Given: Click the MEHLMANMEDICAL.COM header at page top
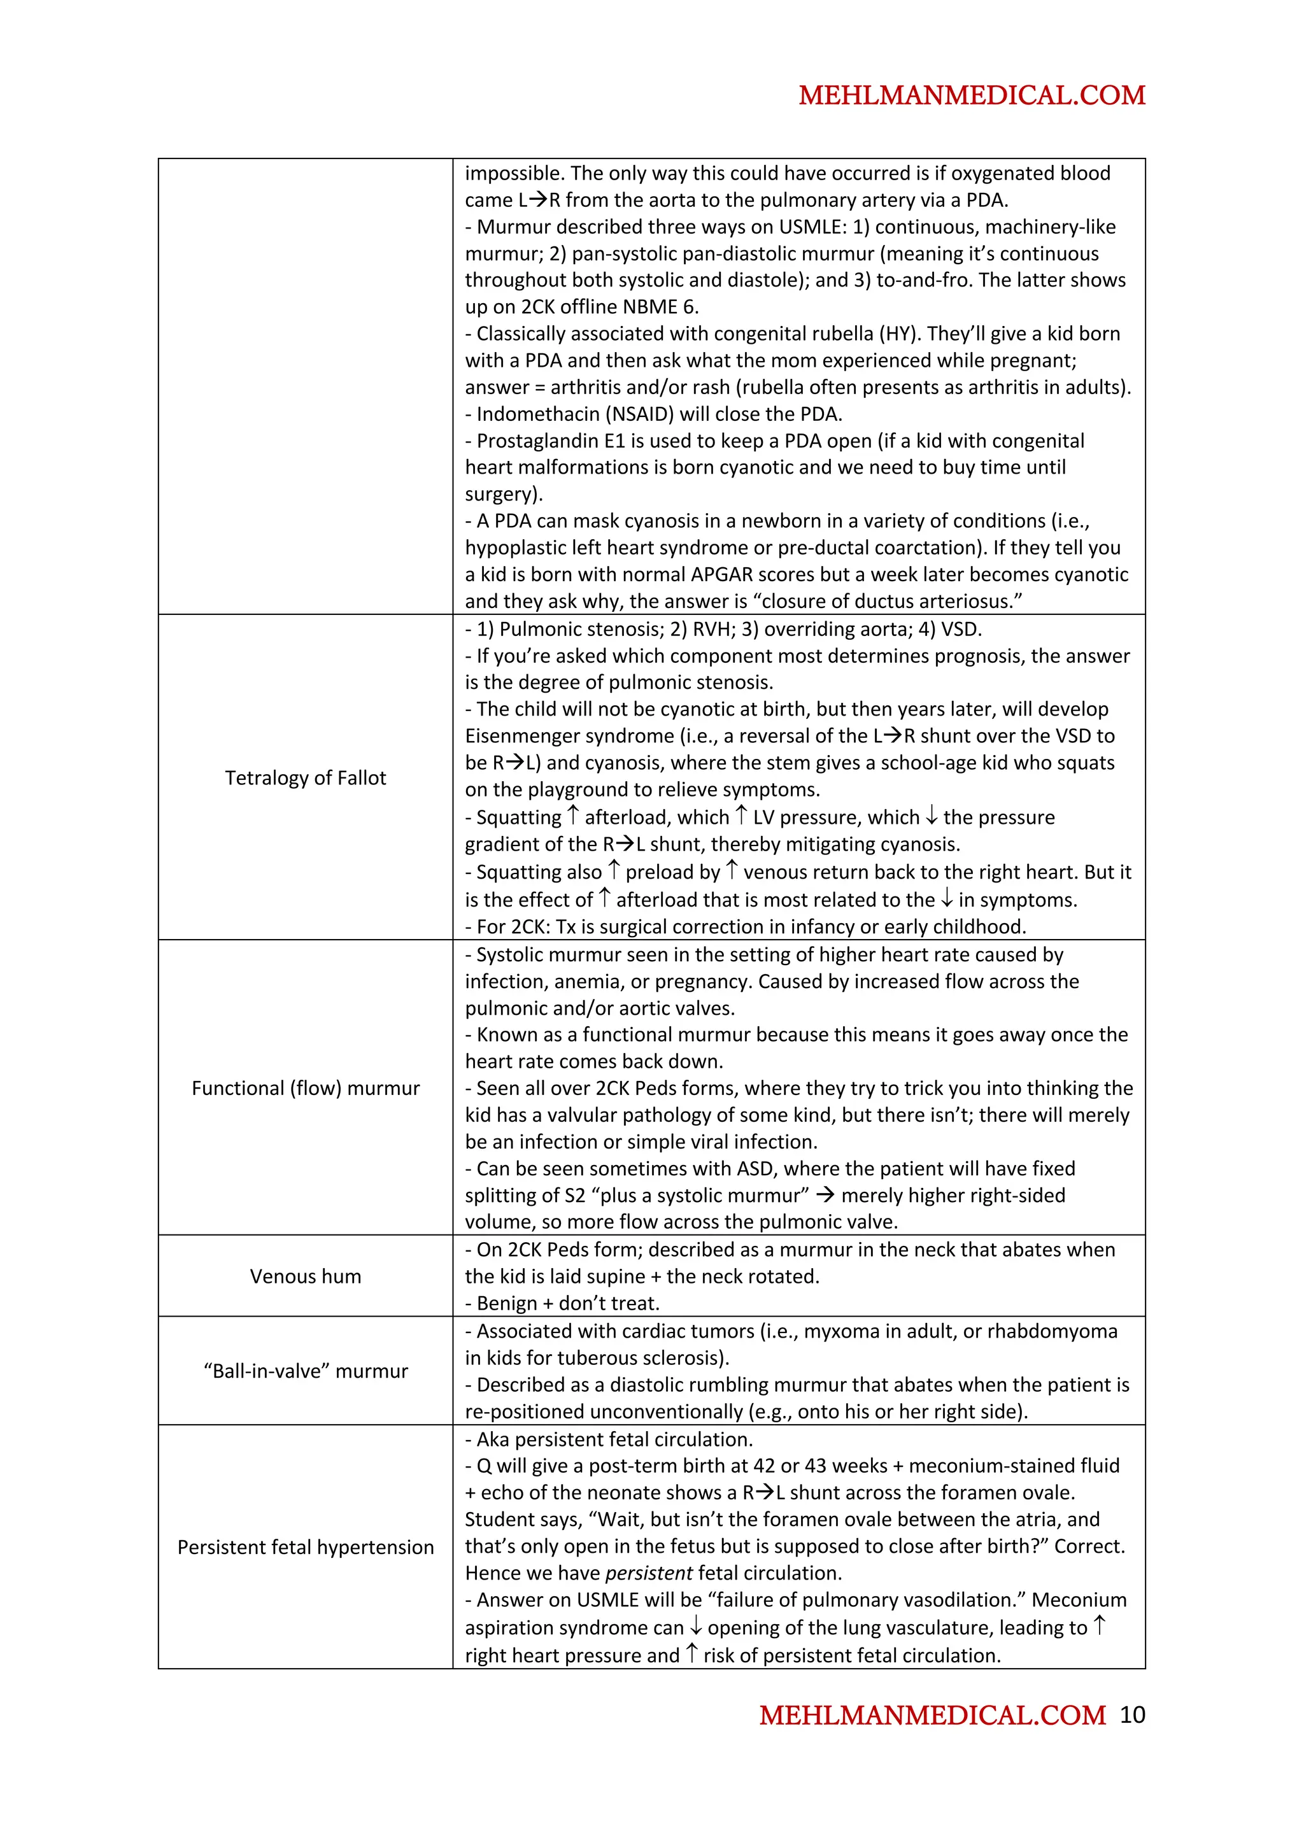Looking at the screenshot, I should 972,95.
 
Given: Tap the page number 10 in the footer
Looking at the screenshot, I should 1132,1715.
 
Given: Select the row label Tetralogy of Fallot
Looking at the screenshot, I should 306,778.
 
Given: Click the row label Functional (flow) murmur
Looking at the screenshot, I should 306,1088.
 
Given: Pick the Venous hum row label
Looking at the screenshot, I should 306,1276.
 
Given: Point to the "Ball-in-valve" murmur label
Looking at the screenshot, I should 306,1371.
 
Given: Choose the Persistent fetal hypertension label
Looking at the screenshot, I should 306,1547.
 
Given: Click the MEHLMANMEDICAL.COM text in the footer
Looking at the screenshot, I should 932,1716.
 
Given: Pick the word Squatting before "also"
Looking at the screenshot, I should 518,873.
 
